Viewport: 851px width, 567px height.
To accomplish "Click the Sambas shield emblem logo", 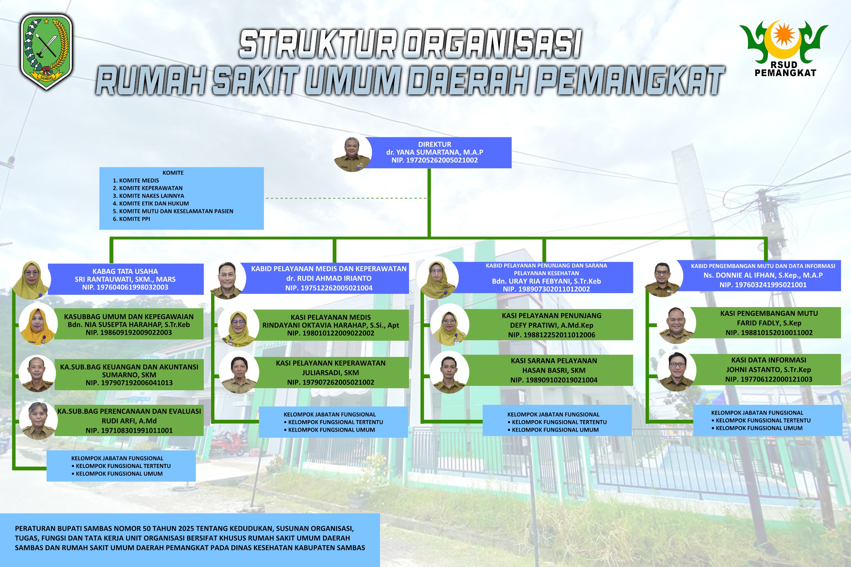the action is pos(46,52).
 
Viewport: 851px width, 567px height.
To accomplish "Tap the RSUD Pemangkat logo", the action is pos(784,49).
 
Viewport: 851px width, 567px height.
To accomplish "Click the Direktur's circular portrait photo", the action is pos(352,153).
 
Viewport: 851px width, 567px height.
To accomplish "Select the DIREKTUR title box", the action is pos(434,152).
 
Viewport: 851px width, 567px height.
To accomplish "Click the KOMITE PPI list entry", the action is pos(131,219).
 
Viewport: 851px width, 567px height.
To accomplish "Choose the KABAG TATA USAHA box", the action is pos(125,279).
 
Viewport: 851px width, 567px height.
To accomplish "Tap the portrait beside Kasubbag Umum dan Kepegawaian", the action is pos(38,324).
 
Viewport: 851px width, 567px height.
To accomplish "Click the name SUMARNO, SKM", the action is pos(129,375).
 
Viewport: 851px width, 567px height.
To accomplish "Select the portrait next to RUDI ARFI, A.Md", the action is pos(38,420).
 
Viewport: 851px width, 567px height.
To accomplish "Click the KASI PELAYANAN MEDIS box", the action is pos(330,325).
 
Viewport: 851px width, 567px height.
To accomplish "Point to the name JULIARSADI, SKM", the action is pos(330,373).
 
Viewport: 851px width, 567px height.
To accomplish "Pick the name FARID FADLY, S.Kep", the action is pos(769,323).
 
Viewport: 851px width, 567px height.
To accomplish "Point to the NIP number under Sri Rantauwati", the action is pos(125,287).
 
